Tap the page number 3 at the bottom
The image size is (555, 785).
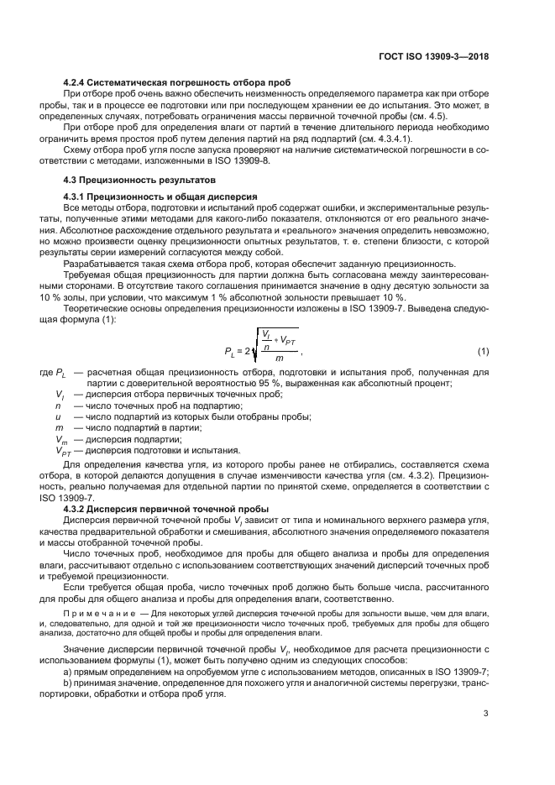pyautogui.click(x=486, y=714)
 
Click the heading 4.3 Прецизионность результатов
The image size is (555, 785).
pyautogui.click(x=128, y=180)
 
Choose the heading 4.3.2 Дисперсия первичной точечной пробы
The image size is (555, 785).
pyautogui.click(x=154, y=509)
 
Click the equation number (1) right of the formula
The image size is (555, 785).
pyautogui.click(x=483, y=350)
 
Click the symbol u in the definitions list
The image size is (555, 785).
pyautogui.click(x=57, y=416)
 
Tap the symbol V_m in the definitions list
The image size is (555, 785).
pyautogui.click(x=60, y=438)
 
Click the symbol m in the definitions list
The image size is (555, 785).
pyautogui.click(x=58, y=427)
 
